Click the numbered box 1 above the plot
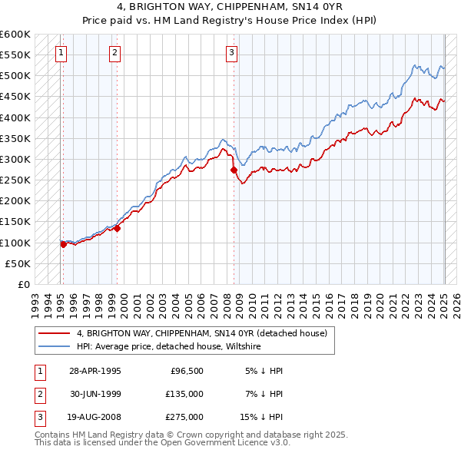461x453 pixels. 61,53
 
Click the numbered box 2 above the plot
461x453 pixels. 114,53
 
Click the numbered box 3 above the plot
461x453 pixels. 231,53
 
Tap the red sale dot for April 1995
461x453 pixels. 63,244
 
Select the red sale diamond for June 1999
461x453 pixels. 118,228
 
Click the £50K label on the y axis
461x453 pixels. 18,263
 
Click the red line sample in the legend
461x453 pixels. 55,333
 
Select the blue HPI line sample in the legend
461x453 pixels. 55,347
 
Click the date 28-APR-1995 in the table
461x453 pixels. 95,371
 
